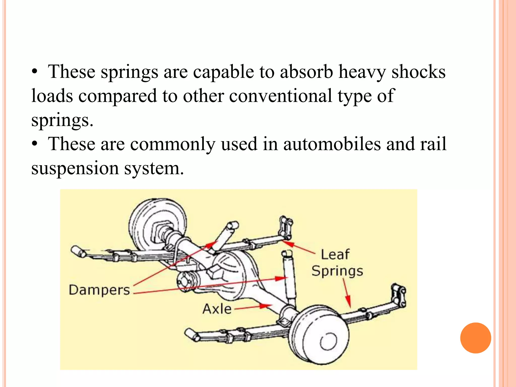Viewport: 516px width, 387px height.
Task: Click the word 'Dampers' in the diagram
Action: click(99, 290)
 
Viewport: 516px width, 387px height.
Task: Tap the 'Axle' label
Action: click(217, 309)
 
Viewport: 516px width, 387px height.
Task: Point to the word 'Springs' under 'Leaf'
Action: click(337, 271)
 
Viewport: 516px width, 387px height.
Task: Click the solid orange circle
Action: click(475, 338)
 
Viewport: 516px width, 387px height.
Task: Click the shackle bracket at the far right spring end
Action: click(398, 295)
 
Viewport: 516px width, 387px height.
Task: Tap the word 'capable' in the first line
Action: click(223, 72)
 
